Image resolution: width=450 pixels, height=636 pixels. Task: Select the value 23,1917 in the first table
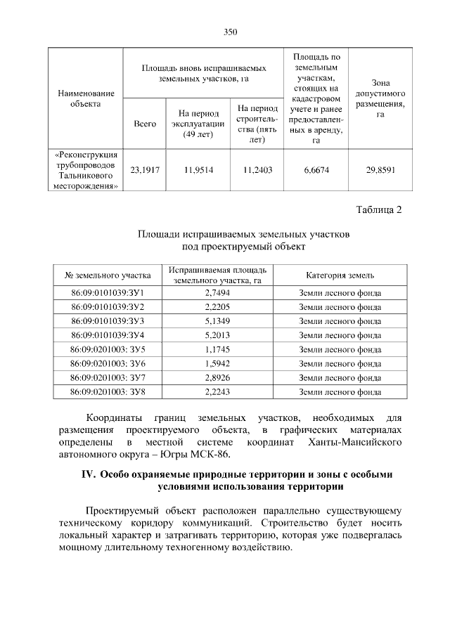[x=144, y=169]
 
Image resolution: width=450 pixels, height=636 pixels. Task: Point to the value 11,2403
[x=257, y=169]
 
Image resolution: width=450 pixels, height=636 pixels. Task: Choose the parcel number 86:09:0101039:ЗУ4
[x=108, y=335]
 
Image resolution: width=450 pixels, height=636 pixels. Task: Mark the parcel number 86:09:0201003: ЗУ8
[x=108, y=391]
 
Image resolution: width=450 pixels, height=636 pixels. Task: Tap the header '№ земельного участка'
[x=108, y=275]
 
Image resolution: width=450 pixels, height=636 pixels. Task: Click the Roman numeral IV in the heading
[x=88, y=474]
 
